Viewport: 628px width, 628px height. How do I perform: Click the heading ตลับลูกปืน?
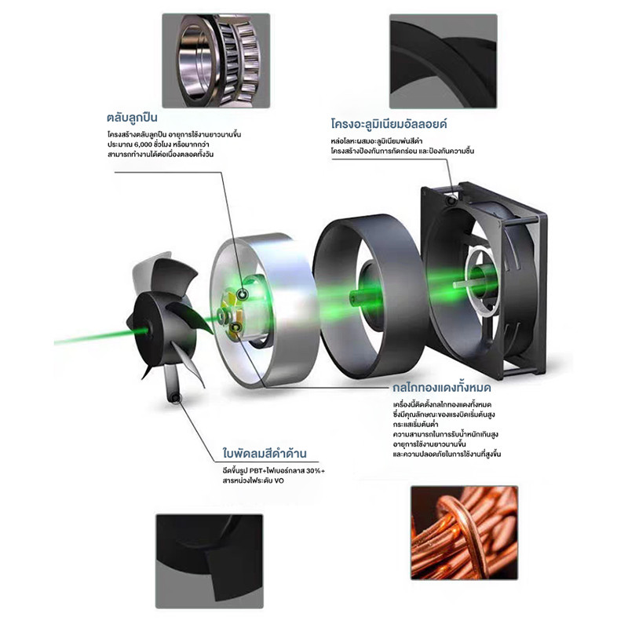(132, 118)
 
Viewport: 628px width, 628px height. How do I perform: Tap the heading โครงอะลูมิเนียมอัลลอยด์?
(389, 124)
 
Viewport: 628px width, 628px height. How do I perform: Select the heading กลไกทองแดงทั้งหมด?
(442, 388)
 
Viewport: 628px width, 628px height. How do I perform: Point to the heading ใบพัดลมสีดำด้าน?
(265, 454)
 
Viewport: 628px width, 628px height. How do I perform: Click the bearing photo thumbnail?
(216, 60)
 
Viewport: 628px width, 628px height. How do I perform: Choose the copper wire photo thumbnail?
(464, 533)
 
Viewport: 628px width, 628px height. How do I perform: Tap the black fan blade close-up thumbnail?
(210, 561)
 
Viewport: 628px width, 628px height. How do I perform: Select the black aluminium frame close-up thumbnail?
(443, 61)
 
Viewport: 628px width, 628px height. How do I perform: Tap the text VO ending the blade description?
(279, 480)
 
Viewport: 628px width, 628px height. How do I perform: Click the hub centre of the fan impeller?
(142, 329)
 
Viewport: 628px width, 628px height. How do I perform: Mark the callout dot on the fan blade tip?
(175, 398)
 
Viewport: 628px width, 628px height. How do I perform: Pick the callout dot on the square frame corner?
(452, 199)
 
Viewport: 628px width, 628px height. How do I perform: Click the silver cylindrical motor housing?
(265, 310)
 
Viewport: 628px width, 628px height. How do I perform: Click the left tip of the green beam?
(55, 343)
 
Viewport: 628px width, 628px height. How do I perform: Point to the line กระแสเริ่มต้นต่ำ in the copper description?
(415, 424)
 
